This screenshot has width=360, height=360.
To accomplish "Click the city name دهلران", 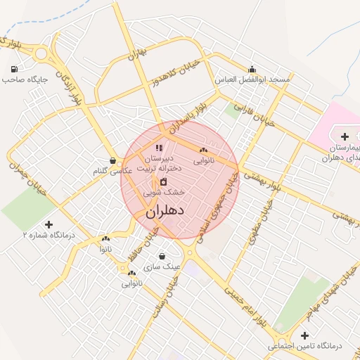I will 166,210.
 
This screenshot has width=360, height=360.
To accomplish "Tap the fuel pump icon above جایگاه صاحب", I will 15,69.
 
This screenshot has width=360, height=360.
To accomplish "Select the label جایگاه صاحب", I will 25,79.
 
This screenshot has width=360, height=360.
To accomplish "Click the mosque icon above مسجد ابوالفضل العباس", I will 252,69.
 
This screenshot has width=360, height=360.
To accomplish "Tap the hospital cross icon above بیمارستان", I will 344,136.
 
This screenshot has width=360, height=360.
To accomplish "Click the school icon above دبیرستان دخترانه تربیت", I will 159,148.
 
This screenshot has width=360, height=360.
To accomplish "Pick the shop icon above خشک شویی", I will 163,181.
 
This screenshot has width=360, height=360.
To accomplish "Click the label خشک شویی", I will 164,191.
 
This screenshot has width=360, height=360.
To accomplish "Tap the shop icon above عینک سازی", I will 163,257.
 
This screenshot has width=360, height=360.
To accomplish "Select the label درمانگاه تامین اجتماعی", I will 304,346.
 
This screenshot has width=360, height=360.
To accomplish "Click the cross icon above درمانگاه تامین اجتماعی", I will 304,335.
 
